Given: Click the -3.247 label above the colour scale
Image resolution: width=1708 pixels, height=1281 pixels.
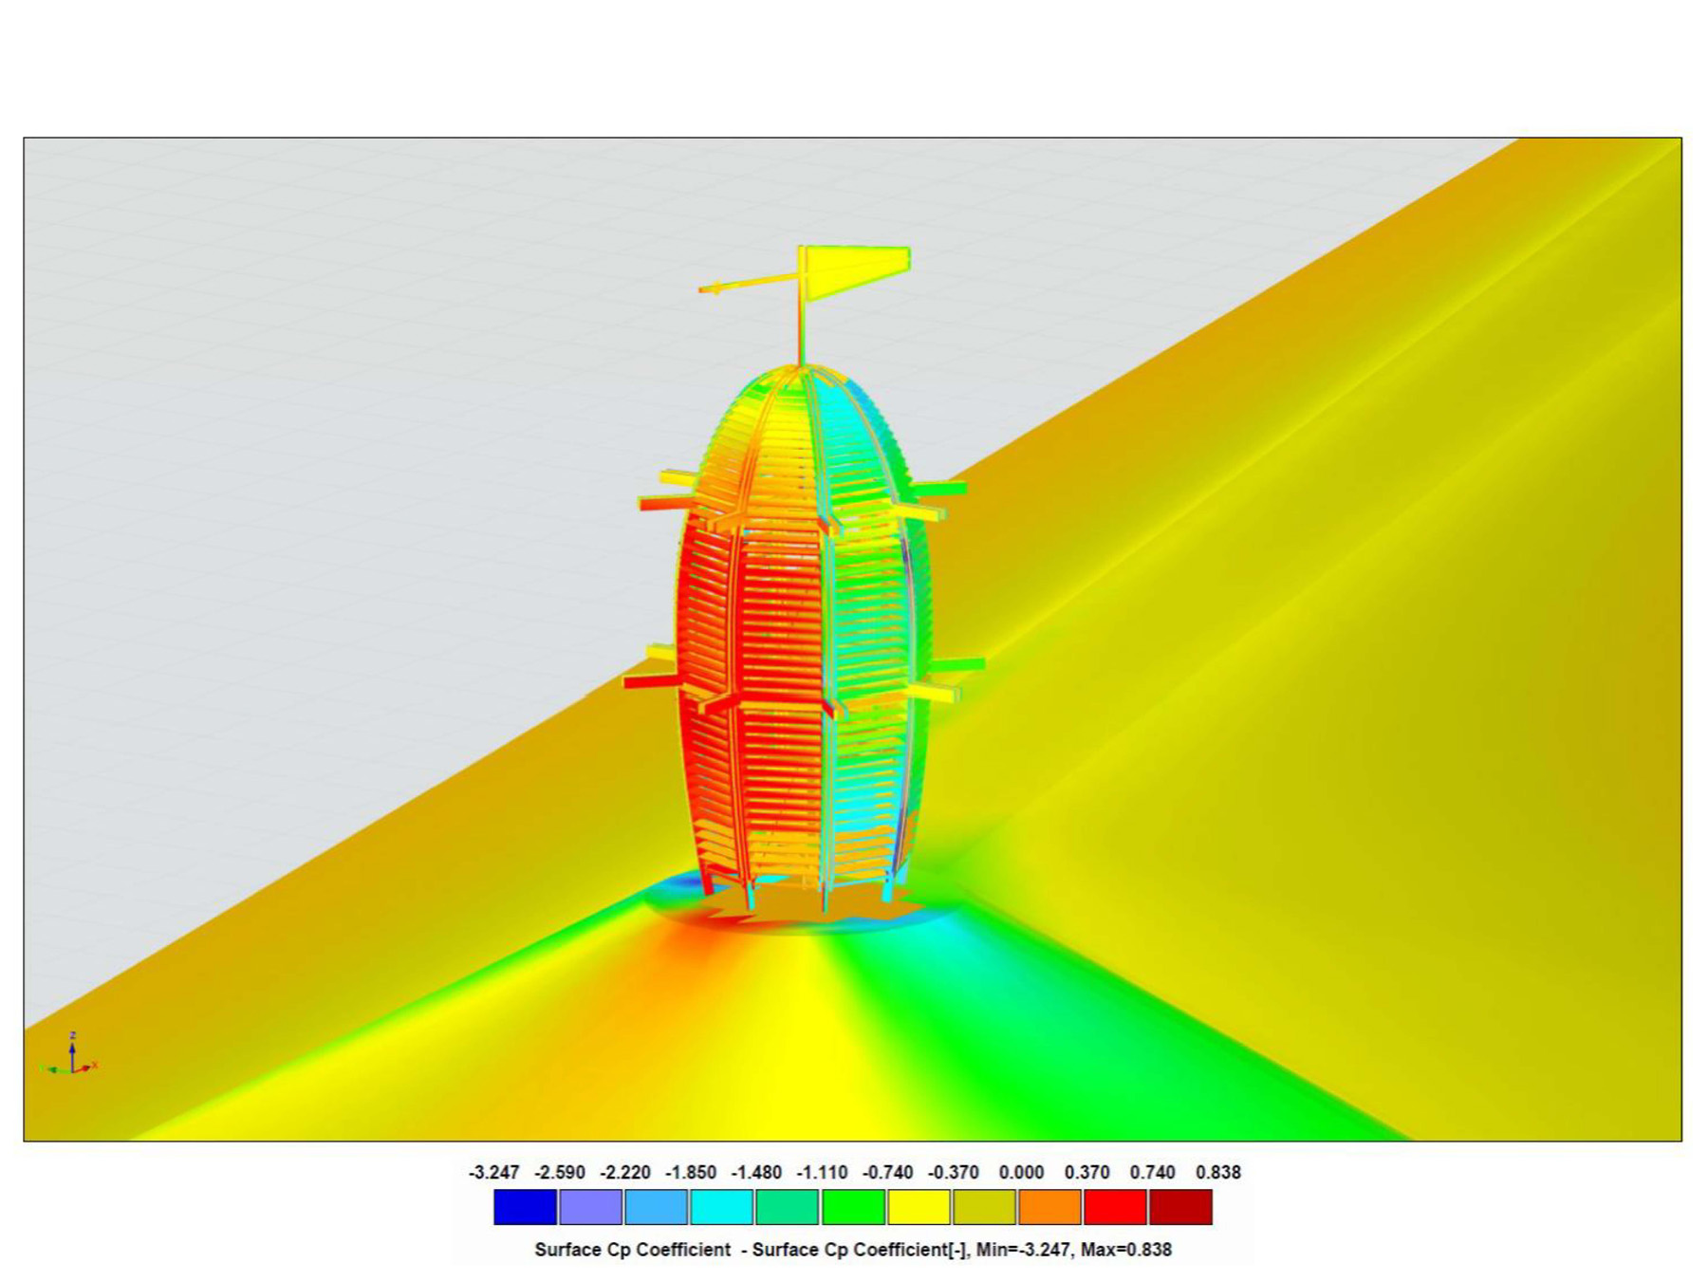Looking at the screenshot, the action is [493, 1172].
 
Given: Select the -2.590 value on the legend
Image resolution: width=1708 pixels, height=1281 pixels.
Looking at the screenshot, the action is [559, 1172].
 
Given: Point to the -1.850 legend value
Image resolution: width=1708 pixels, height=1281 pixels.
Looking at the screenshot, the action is [690, 1172].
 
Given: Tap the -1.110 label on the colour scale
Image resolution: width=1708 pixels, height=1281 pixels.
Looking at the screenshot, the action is [822, 1172].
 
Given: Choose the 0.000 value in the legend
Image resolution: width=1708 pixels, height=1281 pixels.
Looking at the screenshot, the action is [1021, 1172].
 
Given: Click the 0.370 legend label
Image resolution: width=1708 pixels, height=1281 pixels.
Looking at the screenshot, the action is [1086, 1172].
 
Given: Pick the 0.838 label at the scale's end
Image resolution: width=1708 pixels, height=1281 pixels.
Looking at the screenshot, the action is [1218, 1172].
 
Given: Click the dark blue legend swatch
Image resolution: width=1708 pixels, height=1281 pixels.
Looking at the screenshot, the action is [525, 1207].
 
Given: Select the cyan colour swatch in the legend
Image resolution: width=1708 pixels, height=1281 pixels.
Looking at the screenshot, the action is [721, 1207].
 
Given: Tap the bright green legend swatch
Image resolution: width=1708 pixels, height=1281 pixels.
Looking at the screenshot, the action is [853, 1207].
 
